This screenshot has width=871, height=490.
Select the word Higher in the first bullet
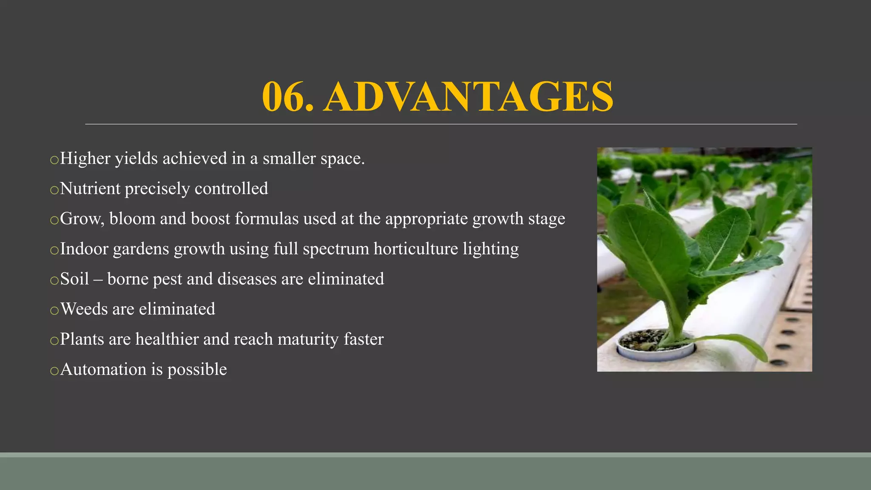(x=85, y=158)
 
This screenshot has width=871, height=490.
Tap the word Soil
(x=74, y=279)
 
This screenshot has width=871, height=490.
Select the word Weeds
(x=84, y=309)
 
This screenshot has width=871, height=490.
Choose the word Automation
(x=103, y=369)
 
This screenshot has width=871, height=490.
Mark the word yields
(x=136, y=159)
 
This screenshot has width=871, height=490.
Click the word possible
(x=197, y=370)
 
